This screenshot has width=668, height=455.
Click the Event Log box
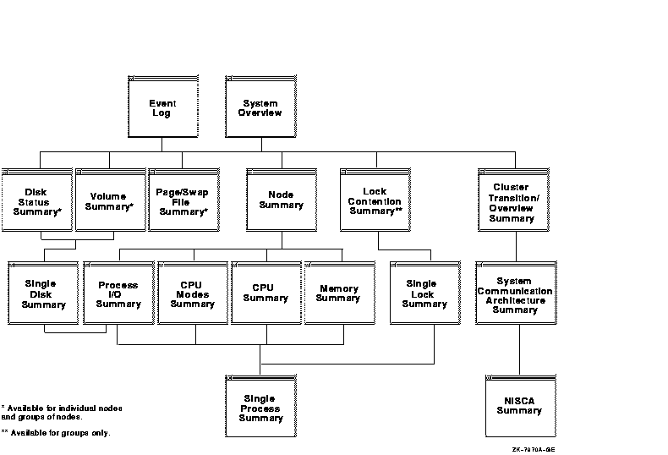162,107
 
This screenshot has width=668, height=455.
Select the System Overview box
260,107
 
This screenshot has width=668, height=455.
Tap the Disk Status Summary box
36,200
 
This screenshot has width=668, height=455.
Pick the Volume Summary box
109,200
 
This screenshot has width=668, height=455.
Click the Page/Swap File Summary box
183,200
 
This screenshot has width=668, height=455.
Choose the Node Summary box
281,200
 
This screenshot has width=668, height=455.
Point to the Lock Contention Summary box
375,200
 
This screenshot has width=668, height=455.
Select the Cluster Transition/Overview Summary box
512,200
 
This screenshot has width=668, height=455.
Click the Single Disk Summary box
42,293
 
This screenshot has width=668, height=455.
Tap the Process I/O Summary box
118,293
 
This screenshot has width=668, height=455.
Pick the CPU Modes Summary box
192,293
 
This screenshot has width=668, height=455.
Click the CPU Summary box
265,293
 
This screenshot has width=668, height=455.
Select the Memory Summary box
338,293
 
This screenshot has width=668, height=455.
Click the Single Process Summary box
260,407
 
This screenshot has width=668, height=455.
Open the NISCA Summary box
518,407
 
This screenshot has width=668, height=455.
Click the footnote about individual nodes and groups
62,413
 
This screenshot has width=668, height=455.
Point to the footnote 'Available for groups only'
56,433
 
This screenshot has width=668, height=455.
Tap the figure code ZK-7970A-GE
534,449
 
